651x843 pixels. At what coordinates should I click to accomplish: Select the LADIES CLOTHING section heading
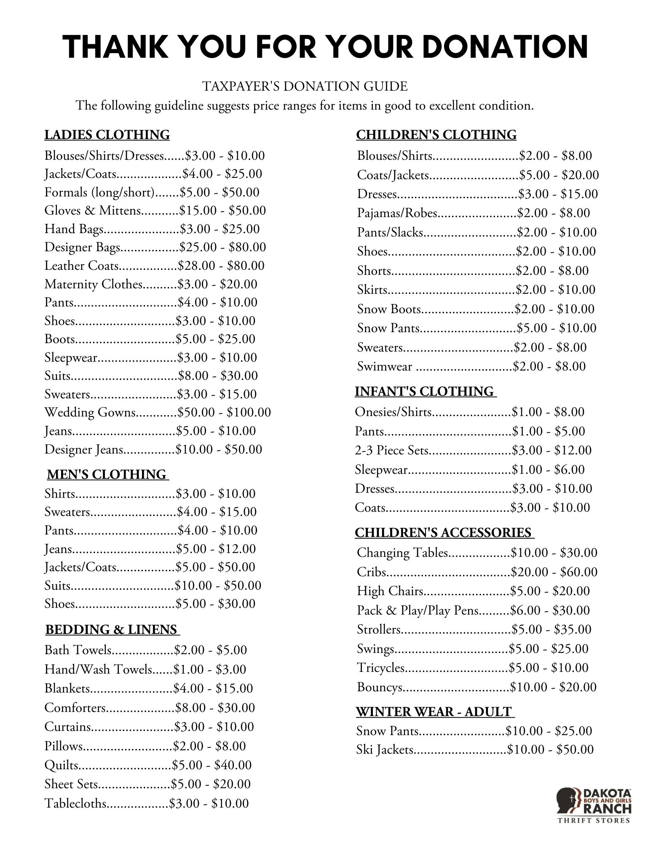(107, 135)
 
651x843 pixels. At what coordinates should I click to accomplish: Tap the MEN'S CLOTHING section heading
(107, 475)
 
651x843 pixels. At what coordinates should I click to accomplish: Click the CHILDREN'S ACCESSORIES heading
(443, 533)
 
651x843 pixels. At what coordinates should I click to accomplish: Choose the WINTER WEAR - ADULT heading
(434, 712)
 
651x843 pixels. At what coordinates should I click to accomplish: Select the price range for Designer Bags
(223, 247)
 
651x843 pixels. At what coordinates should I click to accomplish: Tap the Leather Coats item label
(82, 266)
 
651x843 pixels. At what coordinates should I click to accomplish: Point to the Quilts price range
(212, 765)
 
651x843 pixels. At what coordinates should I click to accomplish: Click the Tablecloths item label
(76, 803)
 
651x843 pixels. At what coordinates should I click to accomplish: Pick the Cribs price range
(554, 572)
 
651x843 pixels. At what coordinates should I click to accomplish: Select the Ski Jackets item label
(385, 750)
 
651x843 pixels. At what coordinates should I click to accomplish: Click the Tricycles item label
(380, 668)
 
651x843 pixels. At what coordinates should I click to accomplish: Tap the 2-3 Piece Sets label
(391, 451)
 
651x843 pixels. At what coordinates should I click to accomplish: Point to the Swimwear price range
(549, 367)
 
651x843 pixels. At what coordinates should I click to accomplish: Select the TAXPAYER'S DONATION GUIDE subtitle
(305, 86)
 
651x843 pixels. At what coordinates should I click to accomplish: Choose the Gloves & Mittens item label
(93, 211)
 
